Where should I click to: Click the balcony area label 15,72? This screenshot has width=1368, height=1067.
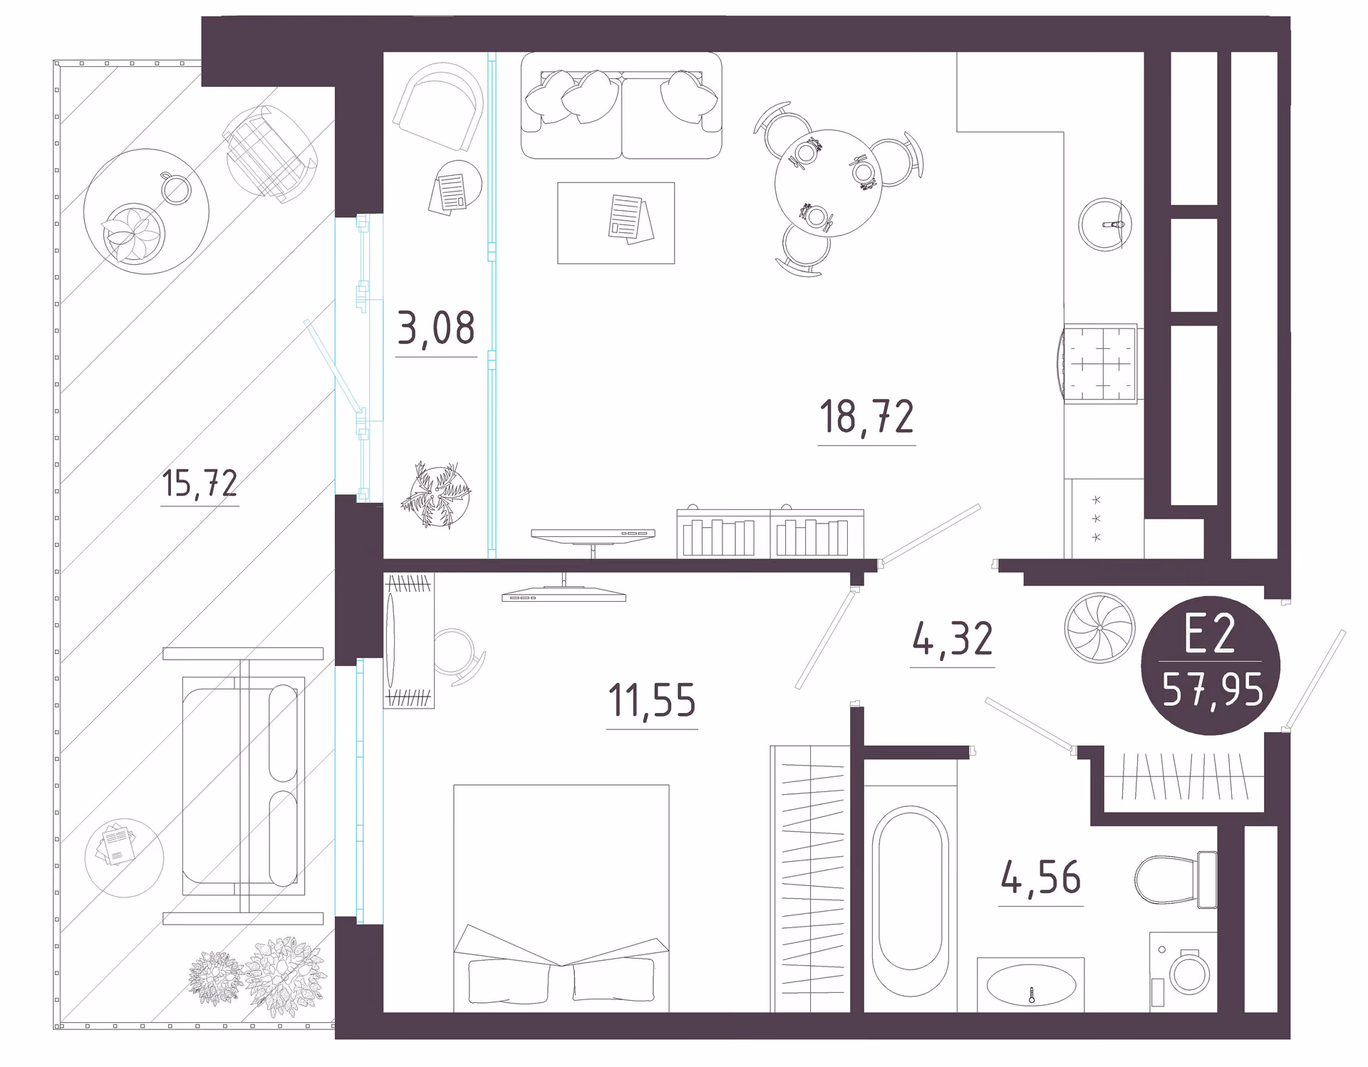199,483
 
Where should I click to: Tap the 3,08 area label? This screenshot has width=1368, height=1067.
435,328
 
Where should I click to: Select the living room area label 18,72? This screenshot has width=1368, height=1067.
866,417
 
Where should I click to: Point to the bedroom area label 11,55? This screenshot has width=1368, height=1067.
651,700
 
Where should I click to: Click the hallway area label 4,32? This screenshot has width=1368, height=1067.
952,639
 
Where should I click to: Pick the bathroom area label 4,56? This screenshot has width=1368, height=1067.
1040,878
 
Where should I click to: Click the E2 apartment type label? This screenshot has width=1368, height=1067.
1209,634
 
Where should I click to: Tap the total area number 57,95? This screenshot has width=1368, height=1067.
1213,689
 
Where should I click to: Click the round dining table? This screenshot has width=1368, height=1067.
828,183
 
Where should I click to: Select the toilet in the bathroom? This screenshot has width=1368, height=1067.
1176,880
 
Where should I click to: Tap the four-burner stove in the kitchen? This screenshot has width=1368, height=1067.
1100,364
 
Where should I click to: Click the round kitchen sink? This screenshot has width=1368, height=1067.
1104,224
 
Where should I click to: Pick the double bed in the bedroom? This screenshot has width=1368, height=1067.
561,898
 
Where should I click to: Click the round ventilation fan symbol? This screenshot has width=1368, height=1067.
1099,628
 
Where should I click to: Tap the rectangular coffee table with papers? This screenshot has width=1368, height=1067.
616,223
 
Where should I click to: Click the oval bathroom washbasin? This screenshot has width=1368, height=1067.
1030,985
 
